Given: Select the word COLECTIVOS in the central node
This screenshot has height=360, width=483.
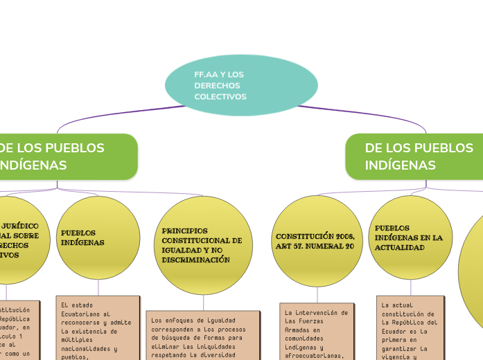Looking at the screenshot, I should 220,97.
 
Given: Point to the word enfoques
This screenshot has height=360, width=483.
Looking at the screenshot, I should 182,320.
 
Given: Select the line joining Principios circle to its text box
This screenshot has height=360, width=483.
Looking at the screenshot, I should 203,302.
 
